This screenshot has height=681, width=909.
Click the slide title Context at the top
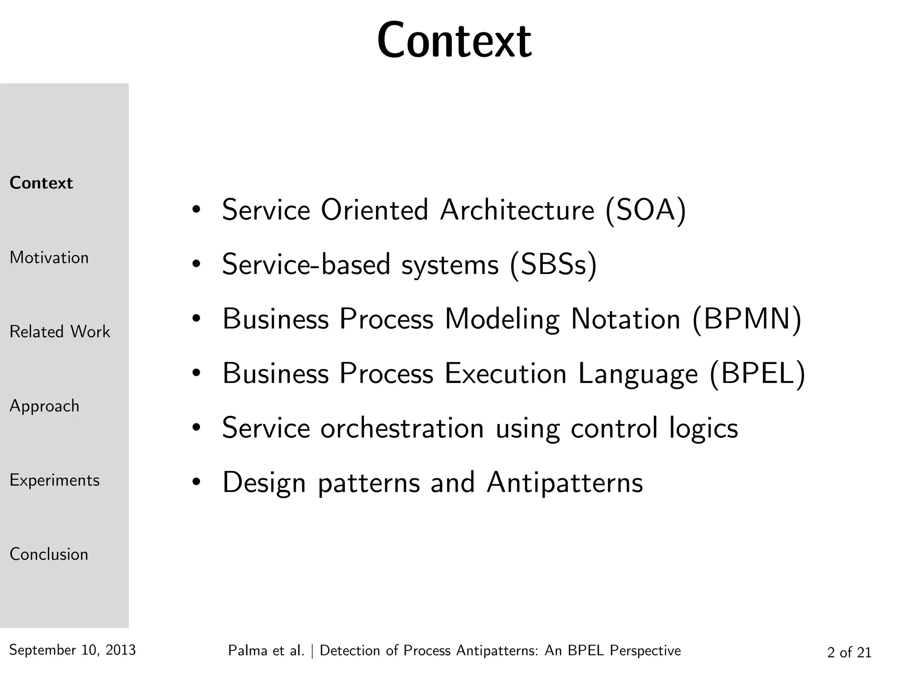pyautogui.click(x=454, y=41)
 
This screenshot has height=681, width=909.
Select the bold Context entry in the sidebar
pyautogui.click(x=41, y=183)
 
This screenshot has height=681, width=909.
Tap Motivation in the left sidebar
pyautogui.click(x=49, y=258)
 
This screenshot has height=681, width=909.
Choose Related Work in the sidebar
pyautogui.click(x=59, y=332)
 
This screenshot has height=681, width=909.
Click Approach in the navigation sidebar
pyautogui.click(x=44, y=406)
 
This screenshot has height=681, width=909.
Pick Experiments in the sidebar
pyautogui.click(x=54, y=480)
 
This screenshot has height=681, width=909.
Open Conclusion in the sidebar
pyautogui.click(x=49, y=554)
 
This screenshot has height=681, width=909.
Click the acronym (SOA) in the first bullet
pyautogui.click(x=645, y=210)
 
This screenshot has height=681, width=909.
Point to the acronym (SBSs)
pyautogui.click(x=553, y=265)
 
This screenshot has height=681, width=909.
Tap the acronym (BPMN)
pyautogui.click(x=747, y=319)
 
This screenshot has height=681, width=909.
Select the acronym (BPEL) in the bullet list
pyautogui.click(x=757, y=373)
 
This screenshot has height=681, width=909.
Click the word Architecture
pyautogui.click(x=517, y=210)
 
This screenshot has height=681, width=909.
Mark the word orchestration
pyautogui.click(x=402, y=428)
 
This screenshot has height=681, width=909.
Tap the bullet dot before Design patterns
pyautogui.click(x=196, y=482)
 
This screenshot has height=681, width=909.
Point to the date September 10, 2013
pyautogui.click(x=72, y=650)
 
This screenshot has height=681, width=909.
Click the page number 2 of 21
pyautogui.click(x=849, y=652)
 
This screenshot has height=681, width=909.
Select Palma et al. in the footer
pyautogui.click(x=266, y=650)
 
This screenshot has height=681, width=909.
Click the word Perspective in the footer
pyautogui.click(x=645, y=650)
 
